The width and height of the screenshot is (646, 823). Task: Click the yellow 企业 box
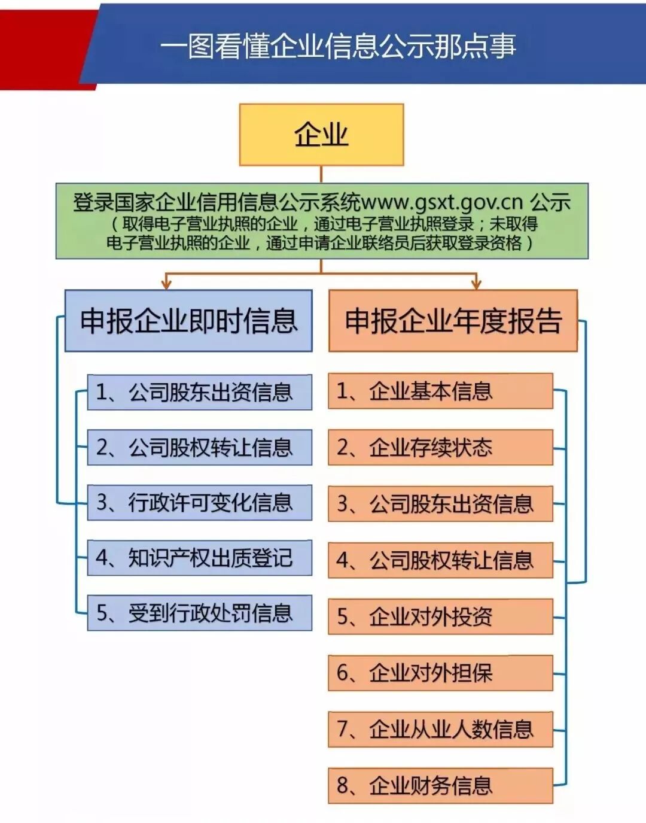[321, 135]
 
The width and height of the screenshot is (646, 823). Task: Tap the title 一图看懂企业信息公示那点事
[338, 47]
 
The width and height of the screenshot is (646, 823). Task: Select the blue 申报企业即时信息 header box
[188, 321]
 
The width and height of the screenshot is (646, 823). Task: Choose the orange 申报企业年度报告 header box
[453, 321]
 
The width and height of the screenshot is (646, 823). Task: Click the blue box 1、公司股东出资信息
[200, 392]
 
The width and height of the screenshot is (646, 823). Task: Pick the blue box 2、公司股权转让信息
[200, 447]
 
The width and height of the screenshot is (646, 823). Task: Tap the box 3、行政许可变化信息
[200, 502]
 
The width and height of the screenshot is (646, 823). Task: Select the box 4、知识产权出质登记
[200, 558]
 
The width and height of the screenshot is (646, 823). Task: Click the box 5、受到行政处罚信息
[200, 613]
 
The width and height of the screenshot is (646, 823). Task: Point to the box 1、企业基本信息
[440, 391]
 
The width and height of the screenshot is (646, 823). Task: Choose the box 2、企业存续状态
[440, 447]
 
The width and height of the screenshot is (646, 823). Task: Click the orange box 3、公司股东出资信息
[440, 504]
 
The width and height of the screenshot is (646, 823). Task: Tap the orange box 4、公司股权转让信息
[440, 560]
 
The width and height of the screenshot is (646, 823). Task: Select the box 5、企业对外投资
[440, 617]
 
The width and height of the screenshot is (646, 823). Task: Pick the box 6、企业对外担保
[440, 673]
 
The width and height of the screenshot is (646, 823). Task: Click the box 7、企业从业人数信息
[440, 729]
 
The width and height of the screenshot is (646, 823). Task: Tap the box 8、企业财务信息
[440, 785]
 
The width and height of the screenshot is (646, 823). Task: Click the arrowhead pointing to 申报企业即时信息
[167, 284]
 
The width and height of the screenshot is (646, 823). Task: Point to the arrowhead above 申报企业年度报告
[476, 284]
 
